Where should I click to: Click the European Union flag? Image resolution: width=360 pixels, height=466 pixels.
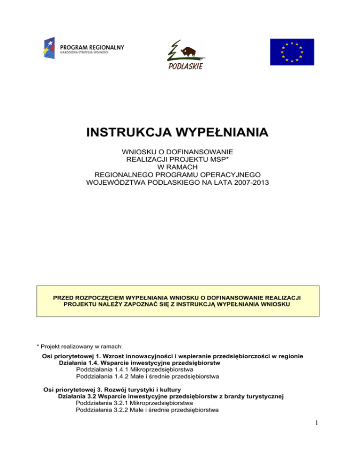(292, 52)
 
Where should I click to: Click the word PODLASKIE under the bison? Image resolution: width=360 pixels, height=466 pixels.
(185, 66)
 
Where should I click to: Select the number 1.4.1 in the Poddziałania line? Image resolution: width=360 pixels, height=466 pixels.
(118, 369)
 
